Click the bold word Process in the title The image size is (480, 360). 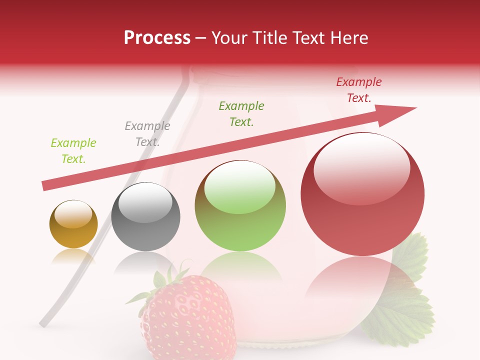coord(157,38)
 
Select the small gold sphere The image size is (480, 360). coord(73,224)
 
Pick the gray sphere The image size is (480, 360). coord(145,217)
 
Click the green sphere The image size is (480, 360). coord(240,206)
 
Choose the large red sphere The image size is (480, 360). coord(362,194)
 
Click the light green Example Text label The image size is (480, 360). coord(73,151)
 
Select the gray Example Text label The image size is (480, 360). coord(147,134)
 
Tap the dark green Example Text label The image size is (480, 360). coord(241,114)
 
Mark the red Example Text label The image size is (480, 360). coord(359,90)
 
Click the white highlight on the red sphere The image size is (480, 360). coord(361,165)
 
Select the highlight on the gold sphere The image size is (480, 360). coord(73,214)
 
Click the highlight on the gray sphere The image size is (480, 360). coord(145,202)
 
